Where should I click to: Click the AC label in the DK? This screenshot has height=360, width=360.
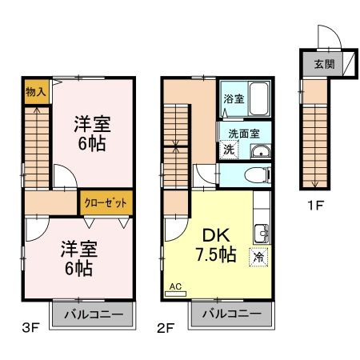coord(176,286)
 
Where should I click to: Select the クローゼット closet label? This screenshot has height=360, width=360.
coord(104,202)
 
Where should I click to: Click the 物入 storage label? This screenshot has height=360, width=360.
coord(34,90)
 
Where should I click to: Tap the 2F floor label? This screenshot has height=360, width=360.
coord(166,327)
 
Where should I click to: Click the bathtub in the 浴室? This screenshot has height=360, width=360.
coord(257,97)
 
